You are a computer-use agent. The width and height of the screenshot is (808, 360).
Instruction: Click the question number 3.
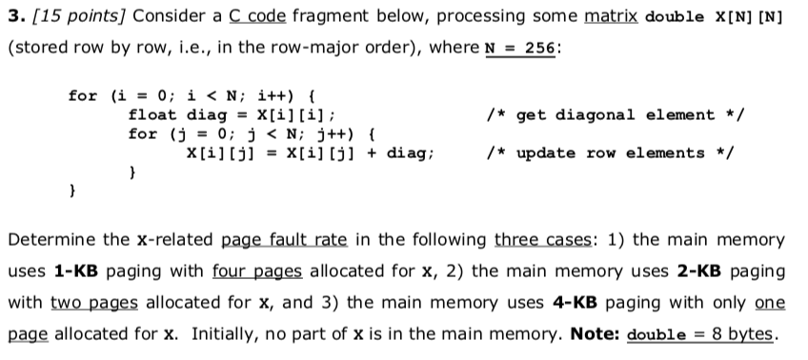click(13, 17)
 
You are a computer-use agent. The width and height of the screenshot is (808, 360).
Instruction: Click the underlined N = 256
click(524, 48)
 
